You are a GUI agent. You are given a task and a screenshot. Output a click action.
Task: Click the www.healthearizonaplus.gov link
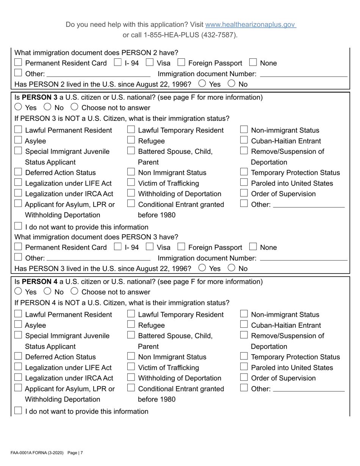pyautogui.click(x=250, y=25)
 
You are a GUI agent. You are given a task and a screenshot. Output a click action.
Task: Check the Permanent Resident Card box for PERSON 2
pyautogui.click(x=18, y=63)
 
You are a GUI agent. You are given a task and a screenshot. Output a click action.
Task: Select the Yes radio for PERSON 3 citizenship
pyautogui.click(x=19, y=108)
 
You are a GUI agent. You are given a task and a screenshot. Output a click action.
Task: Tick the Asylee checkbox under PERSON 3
pyautogui.click(x=18, y=141)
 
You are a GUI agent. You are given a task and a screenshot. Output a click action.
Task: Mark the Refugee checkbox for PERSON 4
pyautogui.click(x=131, y=325)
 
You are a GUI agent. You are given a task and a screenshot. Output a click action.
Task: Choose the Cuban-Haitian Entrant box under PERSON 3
pyautogui.click(x=244, y=141)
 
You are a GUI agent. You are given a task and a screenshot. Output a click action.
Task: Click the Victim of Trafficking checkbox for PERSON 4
pyautogui.click(x=131, y=367)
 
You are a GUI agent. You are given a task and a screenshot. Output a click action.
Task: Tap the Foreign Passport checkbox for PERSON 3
pyautogui.click(x=181, y=247)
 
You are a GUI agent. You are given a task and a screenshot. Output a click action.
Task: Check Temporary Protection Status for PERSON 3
pyautogui.click(x=244, y=172)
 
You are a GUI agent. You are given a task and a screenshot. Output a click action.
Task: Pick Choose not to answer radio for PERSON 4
pyautogui.click(x=75, y=292)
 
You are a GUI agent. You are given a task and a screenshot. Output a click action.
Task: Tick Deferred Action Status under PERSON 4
pyautogui.click(x=18, y=357)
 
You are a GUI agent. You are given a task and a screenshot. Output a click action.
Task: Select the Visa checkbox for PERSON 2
pyautogui.click(x=150, y=63)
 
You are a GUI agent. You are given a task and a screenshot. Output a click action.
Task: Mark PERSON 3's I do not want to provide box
pyautogui.click(x=18, y=227)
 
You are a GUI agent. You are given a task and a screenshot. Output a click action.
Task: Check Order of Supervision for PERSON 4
pyautogui.click(x=244, y=378)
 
